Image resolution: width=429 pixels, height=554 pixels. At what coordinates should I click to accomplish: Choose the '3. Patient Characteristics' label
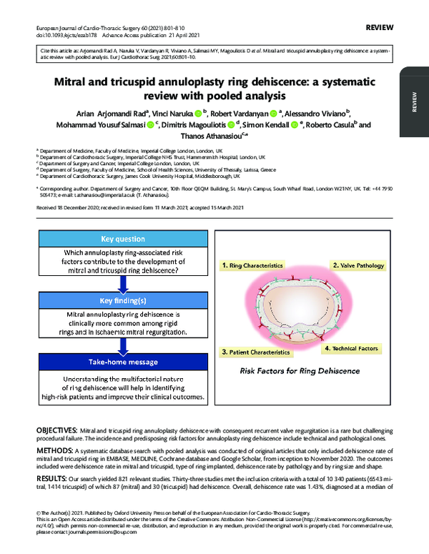tap(255, 352)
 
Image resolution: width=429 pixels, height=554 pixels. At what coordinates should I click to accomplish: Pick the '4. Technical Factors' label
tap(350, 348)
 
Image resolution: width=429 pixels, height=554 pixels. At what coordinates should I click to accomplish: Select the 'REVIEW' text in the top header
tap(378, 26)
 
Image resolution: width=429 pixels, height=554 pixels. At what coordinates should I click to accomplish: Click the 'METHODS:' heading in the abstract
tap(54, 452)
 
